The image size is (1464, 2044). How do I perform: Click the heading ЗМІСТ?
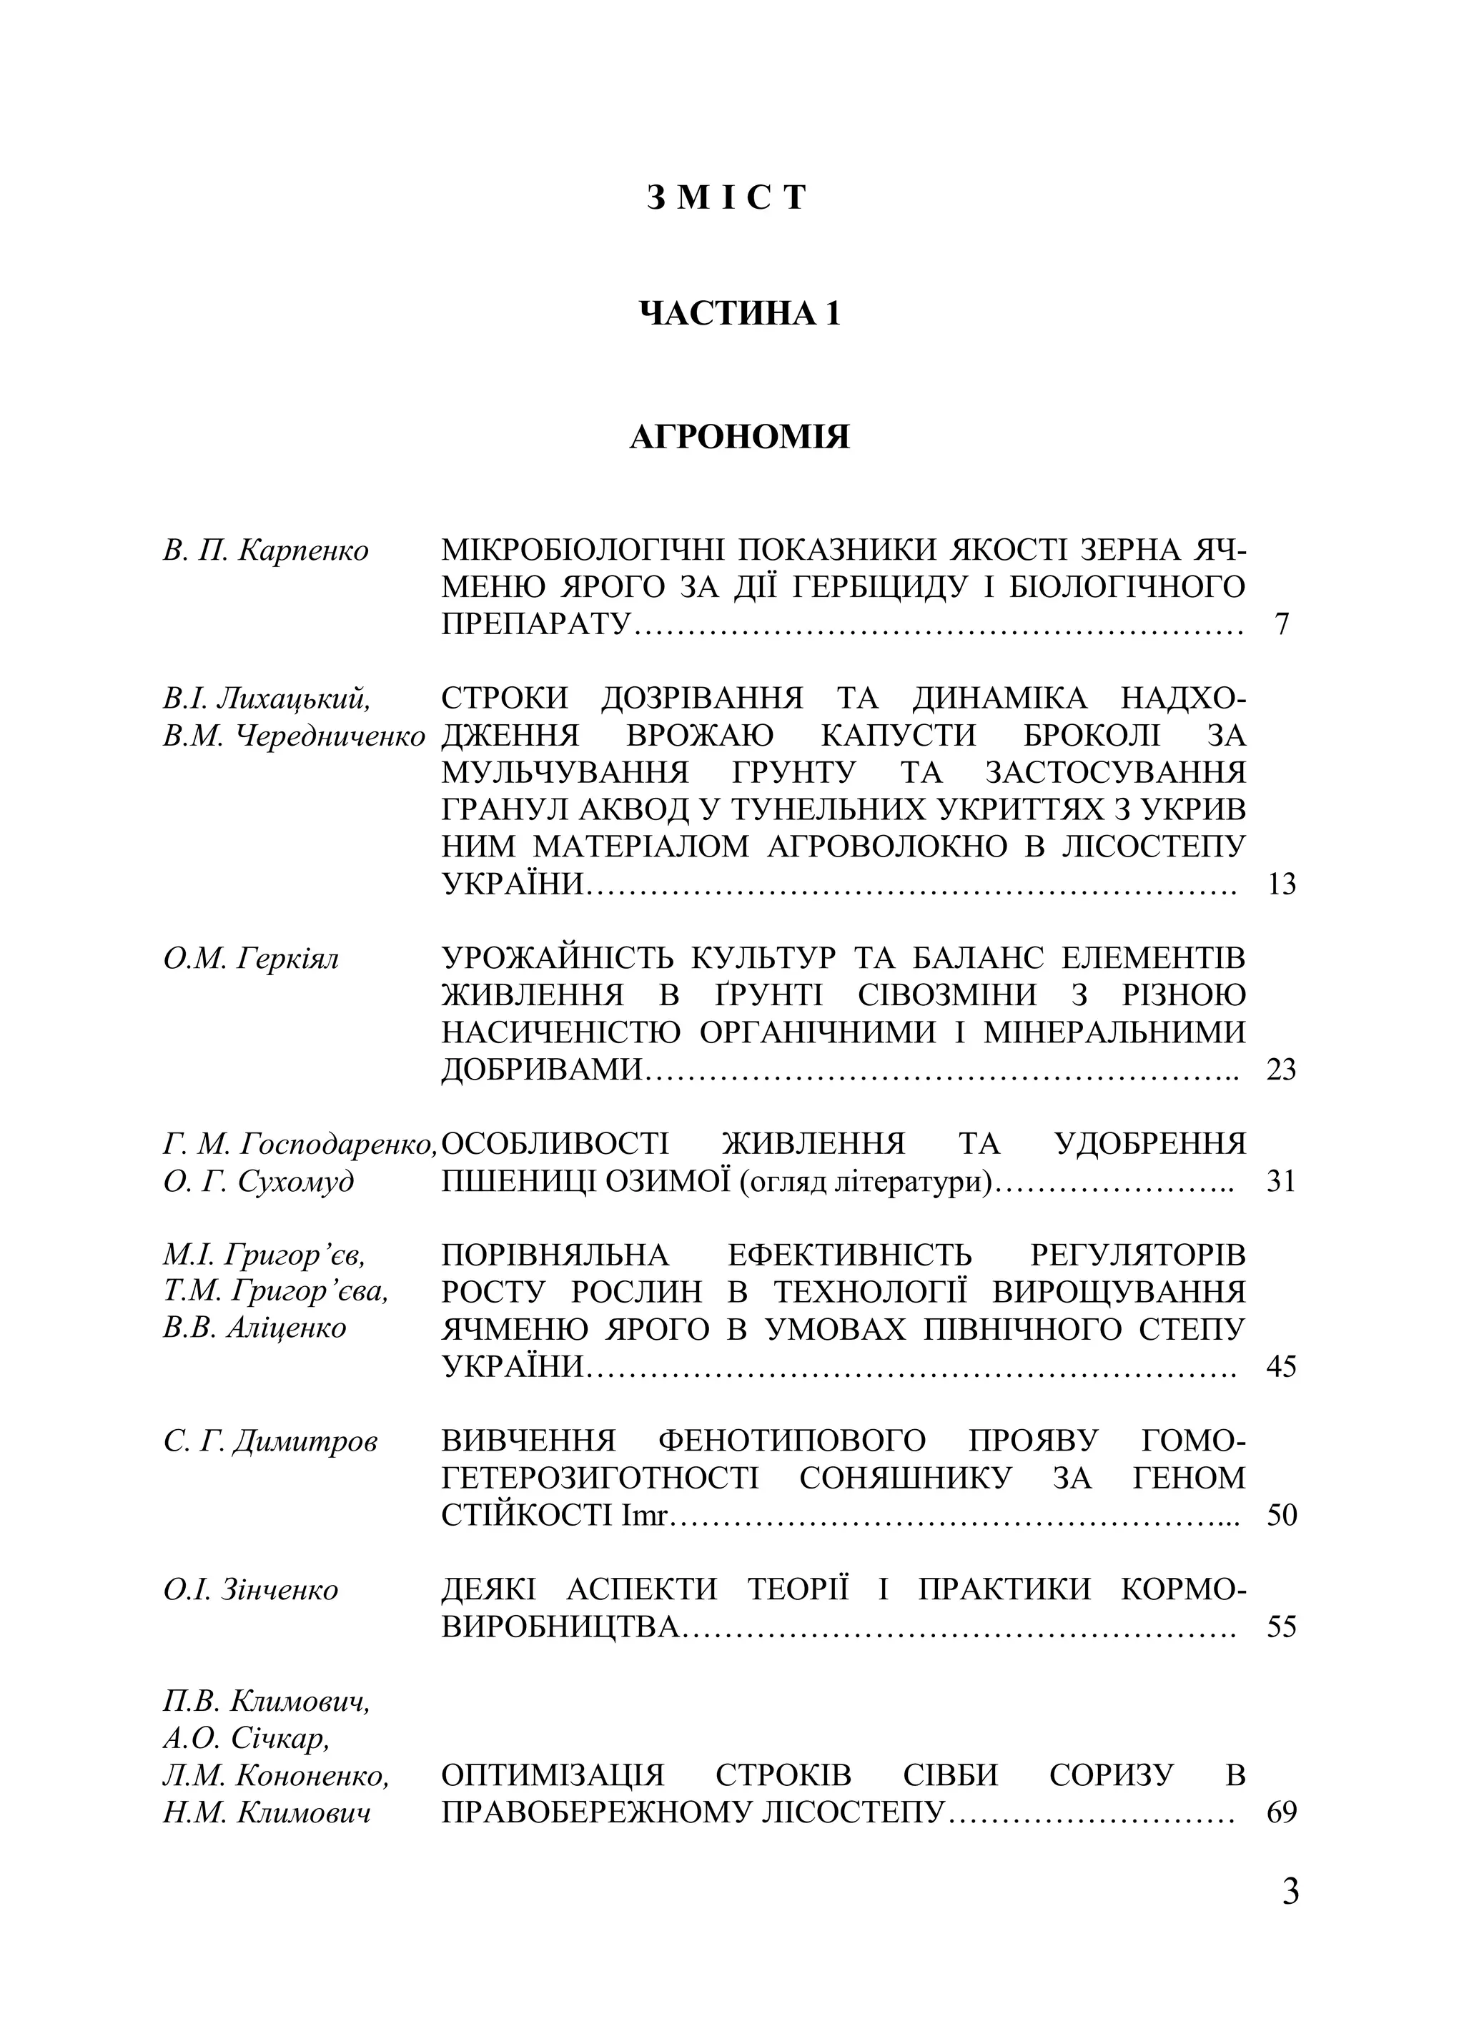(726, 197)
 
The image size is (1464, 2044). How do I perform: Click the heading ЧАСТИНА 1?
(738, 314)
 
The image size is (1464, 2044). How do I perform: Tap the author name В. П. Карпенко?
(266, 550)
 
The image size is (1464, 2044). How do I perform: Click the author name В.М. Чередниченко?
(295, 736)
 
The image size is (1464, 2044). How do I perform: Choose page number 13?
(1281, 884)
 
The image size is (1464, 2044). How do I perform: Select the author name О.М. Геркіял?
(252, 959)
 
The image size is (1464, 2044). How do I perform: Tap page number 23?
(1281, 1070)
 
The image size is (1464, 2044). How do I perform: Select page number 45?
(1281, 1366)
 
